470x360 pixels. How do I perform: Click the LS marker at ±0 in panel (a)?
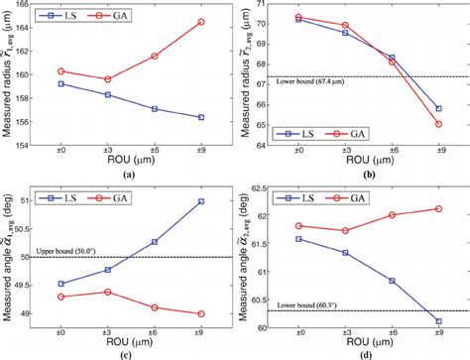tap(60, 84)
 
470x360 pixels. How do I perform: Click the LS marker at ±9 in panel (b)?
tap(438, 108)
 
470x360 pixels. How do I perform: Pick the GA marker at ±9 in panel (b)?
tap(438, 124)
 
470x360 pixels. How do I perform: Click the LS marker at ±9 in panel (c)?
tap(202, 201)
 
